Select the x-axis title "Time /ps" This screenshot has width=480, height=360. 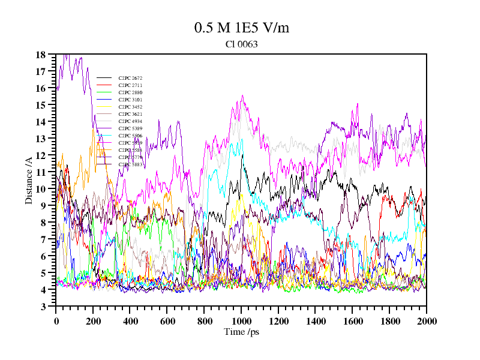tap(241, 331)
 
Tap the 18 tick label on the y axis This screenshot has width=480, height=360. tap(41, 55)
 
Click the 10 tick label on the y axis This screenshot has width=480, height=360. tap(41, 189)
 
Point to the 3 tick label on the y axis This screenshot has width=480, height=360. tap(43, 307)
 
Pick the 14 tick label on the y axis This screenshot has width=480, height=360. tap(41, 122)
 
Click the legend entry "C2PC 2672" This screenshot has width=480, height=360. tap(130, 78)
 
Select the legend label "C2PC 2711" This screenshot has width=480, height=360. tap(130, 85)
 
